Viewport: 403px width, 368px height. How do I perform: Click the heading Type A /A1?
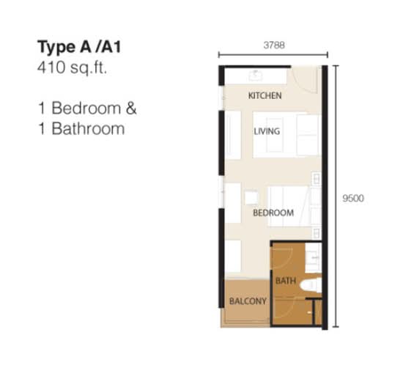click(x=79, y=47)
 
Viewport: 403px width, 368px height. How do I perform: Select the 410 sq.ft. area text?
click(x=72, y=68)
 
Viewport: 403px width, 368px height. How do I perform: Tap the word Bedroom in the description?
click(x=86, y=108)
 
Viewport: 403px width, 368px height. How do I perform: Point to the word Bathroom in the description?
click(x=88, y=128)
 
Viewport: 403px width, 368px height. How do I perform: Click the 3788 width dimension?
click(x=274, y=45)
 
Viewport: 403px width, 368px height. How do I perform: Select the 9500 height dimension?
click(x=353, y=198)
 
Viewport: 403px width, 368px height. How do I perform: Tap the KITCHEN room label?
click(x=265, y=95)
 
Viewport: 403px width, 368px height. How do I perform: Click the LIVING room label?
click(x=267, y=131)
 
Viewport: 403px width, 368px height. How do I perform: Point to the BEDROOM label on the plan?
click(x=273, y=213)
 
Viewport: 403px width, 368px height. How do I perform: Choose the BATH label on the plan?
click(x=286, y=281)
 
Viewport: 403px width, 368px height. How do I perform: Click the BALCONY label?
click(x=248, y=301)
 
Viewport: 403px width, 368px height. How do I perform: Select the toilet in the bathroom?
click(x=311, y=285)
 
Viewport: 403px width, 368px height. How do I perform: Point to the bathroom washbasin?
click(x=314, y=258)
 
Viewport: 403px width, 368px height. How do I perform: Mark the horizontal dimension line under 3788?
click(x=273, y=54)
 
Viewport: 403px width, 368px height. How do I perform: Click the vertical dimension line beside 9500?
click(x=336, y=196)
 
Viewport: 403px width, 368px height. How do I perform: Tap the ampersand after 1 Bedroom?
click(x=131, y=108)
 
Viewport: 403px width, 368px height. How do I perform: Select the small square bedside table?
click(x=251, y=197)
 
